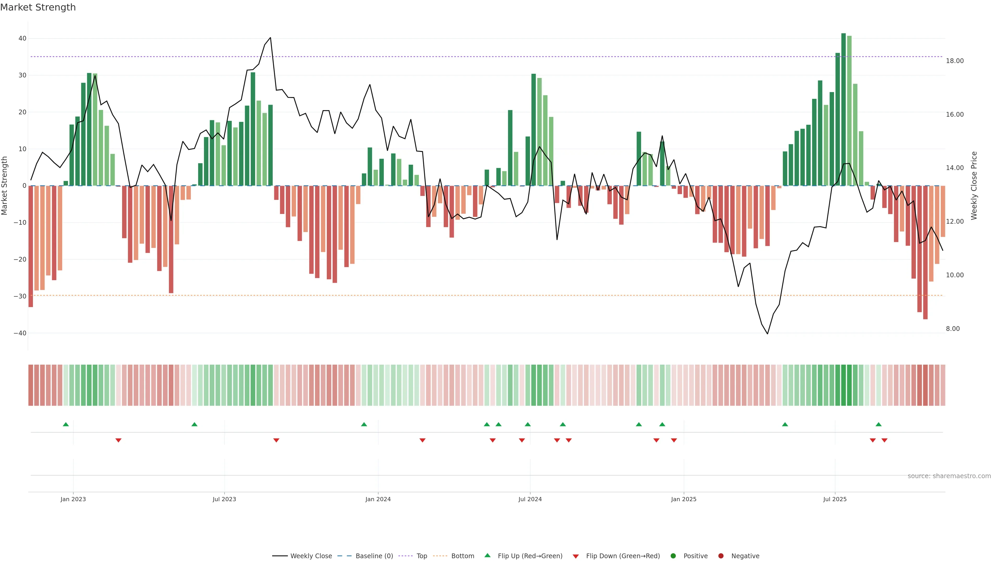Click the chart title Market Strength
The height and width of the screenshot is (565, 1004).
tap(38, 7)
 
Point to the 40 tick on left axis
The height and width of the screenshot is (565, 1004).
tap(22, 38)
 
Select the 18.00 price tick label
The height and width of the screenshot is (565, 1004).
tap(955, 61)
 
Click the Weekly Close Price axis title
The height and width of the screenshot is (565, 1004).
tap(974, 186)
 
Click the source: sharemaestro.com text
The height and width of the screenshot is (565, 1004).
tap(949, 476)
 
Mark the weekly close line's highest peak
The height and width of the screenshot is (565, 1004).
tap(271, 38)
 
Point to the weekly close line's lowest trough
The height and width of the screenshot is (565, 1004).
tap(767, 334)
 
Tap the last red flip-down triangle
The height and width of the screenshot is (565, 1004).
tap(884, 440)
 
